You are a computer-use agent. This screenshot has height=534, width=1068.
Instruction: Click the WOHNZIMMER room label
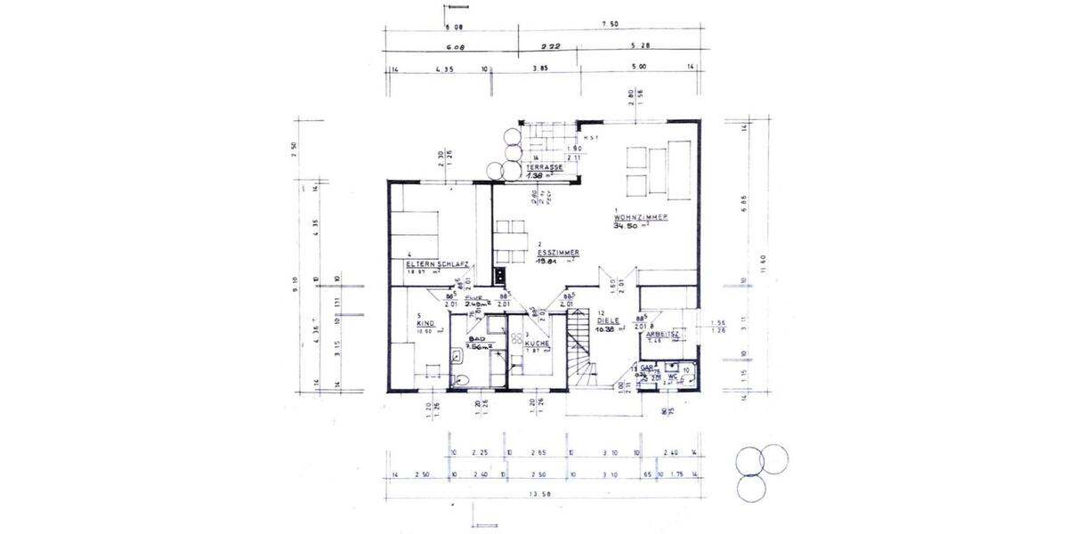coord(641,217)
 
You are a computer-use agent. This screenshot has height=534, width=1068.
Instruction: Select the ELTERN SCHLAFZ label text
coord(437,264)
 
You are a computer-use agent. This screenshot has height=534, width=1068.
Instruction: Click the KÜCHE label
coord(538,343)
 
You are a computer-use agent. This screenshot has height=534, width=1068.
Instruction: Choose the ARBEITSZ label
coord(664,334)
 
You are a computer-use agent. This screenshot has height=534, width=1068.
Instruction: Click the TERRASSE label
coord(543,167)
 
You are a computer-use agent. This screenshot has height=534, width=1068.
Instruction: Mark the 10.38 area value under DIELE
coord(609,329)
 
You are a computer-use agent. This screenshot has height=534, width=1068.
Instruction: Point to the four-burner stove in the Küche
coord(516,334)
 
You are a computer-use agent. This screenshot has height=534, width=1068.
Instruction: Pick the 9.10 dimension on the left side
coord(296,287)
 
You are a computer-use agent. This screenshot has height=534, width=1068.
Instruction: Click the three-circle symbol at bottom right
coord(761,470)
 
